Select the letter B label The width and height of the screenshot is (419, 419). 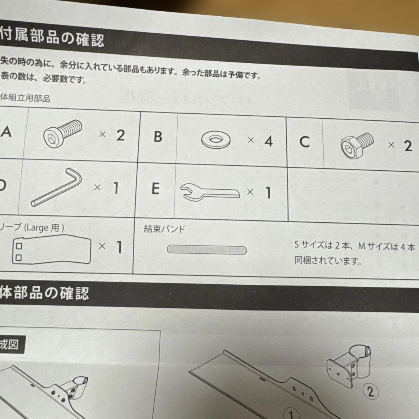point(158,137)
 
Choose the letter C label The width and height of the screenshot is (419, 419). point(305,142)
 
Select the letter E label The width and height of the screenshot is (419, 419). point(155,189)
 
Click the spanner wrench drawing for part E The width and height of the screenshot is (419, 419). point(210,192)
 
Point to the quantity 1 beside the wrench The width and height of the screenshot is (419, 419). point(267,193)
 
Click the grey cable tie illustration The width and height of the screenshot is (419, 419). point(207,249)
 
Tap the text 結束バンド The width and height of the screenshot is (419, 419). point(164,229)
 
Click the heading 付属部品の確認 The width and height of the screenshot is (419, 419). point(52,39)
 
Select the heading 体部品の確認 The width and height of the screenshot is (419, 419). point(45,292)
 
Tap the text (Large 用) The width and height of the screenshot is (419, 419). point(44,227)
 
